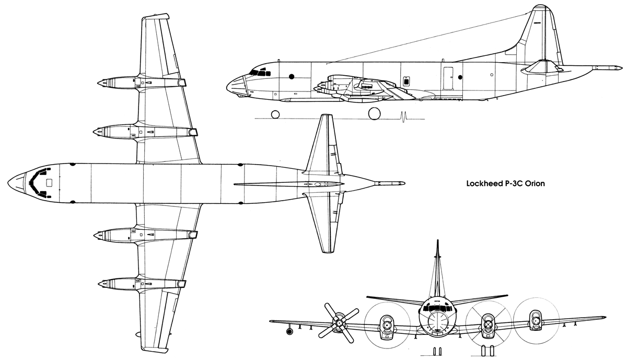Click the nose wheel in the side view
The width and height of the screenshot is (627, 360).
coord(275,114)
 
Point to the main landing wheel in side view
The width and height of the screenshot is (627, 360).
coord(374,114)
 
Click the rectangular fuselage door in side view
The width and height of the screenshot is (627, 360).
coord(448,78)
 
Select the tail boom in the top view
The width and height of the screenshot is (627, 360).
coord(390,183)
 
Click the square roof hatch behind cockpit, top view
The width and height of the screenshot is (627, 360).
coord(49,183)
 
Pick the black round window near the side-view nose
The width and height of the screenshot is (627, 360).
coord(292,76)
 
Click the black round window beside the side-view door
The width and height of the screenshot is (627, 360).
coord(460,77)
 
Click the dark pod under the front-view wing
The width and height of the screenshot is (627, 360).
coord(289,331)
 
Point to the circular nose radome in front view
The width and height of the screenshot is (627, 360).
coord(437,320)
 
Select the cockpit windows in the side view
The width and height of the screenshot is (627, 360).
coord(260,73)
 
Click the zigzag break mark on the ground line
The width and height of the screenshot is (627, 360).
coord(403,117)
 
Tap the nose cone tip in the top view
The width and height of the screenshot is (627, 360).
coord(8,182)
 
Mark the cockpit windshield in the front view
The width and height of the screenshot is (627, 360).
coord(437,308)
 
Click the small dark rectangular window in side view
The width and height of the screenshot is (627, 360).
coord(406,81)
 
